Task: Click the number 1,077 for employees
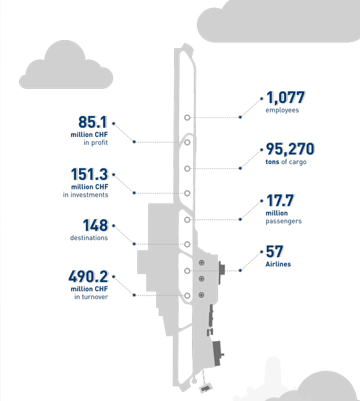(x=286, y=97)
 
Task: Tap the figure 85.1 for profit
(x=93, y=122)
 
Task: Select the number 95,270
(x=290, y=149)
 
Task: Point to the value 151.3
(x=90, y=174)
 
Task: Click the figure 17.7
(x=280, y=200)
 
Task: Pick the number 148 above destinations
(x=96, y=225)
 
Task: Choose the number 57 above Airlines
(x=275, y=251)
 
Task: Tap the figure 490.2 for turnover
(x=88, y=276)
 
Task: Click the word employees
(x=282, y=110)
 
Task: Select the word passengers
(x=283, y=221)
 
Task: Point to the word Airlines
(x=278, y=264)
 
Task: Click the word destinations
(x=89, y=238)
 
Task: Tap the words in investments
(x=85, y=195)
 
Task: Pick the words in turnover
(x=91, y=297)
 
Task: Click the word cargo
(x=298, y=162)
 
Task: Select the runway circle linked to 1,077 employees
(x=187, y=115)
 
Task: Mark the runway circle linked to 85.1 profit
(x=187, y=139)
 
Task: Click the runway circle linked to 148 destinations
(x=187, y=241)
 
